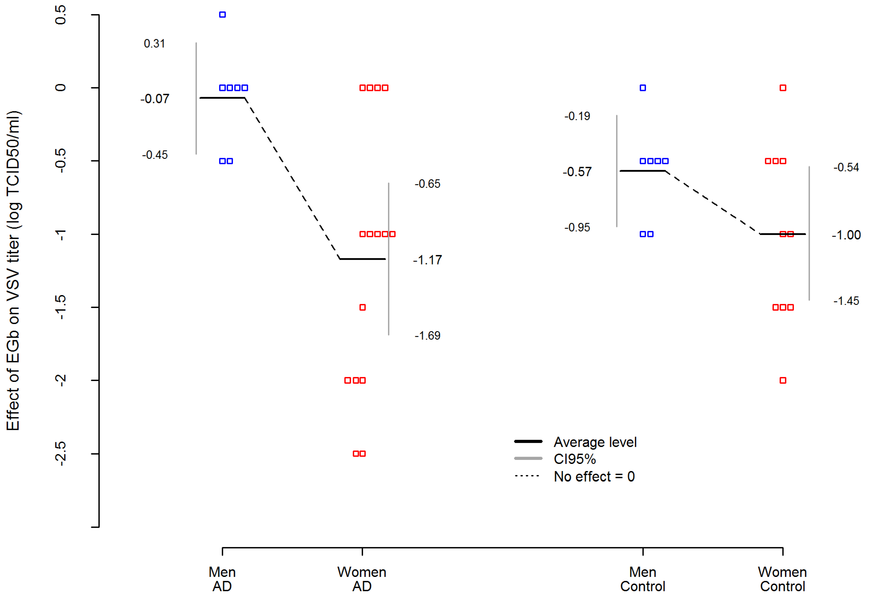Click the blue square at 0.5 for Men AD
click(x=222, y=15)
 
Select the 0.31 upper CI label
click(x=154, y=44)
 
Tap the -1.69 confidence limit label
click(x=427, y=336)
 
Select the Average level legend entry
click(x=595, y=442)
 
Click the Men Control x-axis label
click(x=643, y=579)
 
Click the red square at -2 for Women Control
click(x=783, y=381)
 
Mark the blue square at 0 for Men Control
click(x=643, y=88)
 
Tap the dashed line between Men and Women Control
click(x=713, y=203)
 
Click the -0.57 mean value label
click(x=577, y=172)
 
